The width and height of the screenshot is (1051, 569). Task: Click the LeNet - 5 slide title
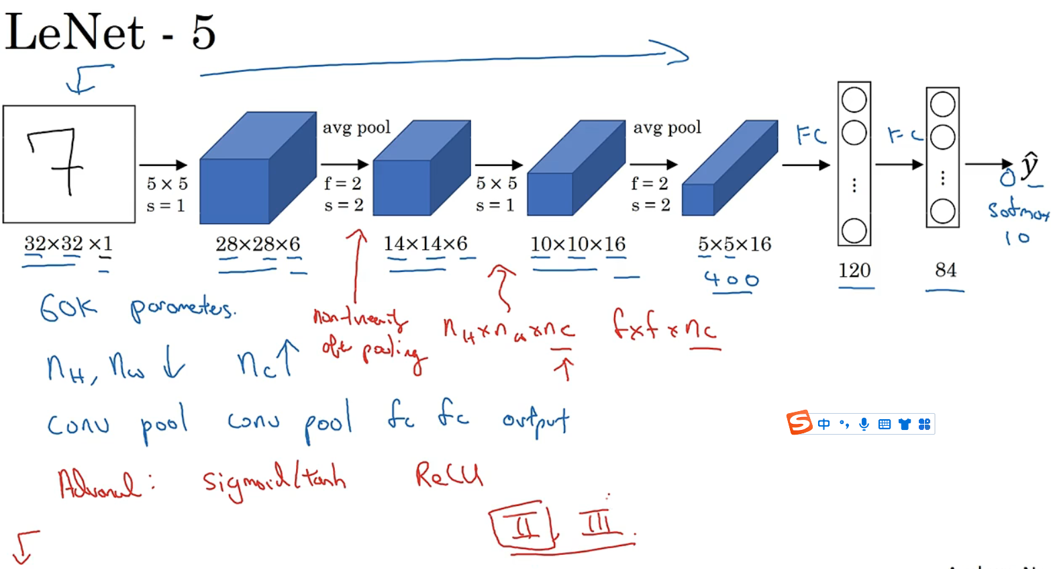pyautogui.click(x=111, y=32)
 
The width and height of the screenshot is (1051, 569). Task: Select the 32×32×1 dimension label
pyautogui.click(x=68, y=243)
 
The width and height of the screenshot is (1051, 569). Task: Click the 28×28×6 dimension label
pyautogui.click(x=258, y=244)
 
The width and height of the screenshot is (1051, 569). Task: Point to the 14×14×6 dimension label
pyautogui.click(x=426, y=243)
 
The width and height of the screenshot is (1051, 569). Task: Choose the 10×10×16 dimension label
pyautogui.click(x=578, y=244)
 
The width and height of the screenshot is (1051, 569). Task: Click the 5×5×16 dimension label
pyautogui.click(x=734, y=244)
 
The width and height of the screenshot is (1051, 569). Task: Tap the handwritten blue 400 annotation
pyautogui.click(x=732, y=279)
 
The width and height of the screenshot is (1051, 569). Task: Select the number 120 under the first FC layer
pyautogui.click(x=854, y=270)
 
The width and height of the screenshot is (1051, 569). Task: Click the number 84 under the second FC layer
pyautogui.click(x=946, y=269)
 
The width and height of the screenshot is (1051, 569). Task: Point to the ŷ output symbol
pyautogui.click(x=1030, y=165)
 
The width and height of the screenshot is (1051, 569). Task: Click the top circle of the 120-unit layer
pyautogui.click(x=854, y=100)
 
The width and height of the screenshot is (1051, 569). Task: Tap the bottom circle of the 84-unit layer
pyautogui.click(x=942, y=211)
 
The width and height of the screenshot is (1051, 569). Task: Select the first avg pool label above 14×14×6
pyautogui.click(x=356, y=128)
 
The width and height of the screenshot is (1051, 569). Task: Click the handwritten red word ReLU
pyautogui.click(x=448, y=475)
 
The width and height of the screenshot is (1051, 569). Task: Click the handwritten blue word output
pyautogui.click(x=536, y=421)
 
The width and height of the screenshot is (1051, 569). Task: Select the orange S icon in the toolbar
pyautogui.click(x=799, y=423)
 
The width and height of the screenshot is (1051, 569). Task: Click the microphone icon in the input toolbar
pyautogui.click(x=864, y=424)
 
